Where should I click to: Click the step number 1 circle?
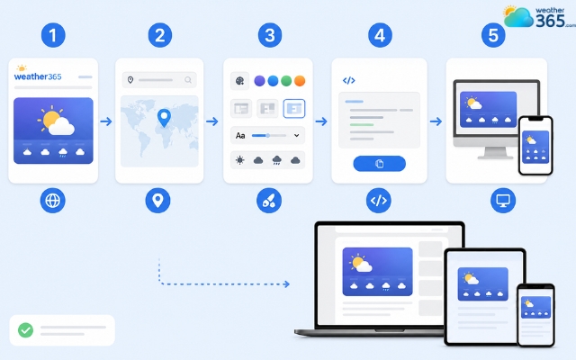point(53,35)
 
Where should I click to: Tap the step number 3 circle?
point(270,35)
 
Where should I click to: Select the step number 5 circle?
point(493,35)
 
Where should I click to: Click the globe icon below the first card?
point(52,201)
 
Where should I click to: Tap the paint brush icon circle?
point(269,201)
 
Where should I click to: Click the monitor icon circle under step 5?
point(503,201)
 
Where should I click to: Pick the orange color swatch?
point(300,81)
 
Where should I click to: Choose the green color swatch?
point(286,81)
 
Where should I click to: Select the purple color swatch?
point(259,81)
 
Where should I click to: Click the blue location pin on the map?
point(164,117)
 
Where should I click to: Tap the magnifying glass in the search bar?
point(188,80)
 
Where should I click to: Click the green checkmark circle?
point(26,330)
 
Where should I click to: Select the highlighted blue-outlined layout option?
point(294,108)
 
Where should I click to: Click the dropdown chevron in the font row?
point(296,136)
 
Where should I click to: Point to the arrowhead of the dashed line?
point(287,284)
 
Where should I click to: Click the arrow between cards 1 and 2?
point(106,121)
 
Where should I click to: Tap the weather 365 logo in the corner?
point(539,17)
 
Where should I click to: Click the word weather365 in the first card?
point(38,76)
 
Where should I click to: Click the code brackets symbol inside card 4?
point(348,80)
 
